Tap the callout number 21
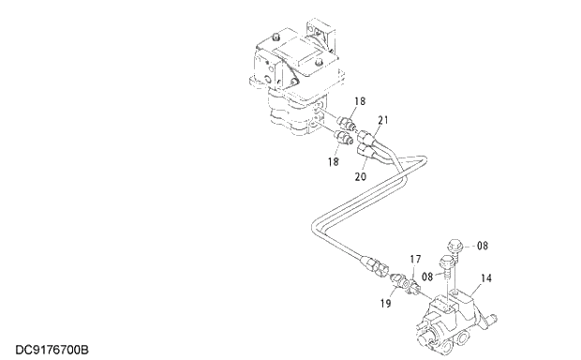pyautogui.click(x=383, y=120)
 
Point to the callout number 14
pyautogui.click(x=486, y=277)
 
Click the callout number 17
pyautogui.click(x=415, y=258)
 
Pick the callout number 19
pyautogui.click(x=386, y=304)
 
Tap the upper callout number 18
pyautogui.click(x=360, y=100)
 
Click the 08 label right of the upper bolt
pyautogui.click(x=482, y=247)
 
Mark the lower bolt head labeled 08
pyautogui.click(x=446, y=262)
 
